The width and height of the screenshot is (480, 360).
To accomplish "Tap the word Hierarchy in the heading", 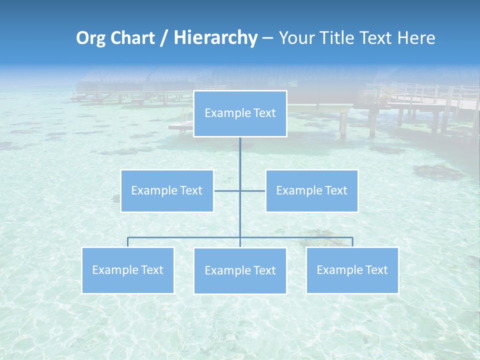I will pyautogui.click(x=215, y=38).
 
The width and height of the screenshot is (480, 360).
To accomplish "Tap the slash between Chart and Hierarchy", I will pyautogui.click(x=164, y=38).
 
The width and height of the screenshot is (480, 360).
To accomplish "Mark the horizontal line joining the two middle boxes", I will pyautogui.click(x=227, y=190).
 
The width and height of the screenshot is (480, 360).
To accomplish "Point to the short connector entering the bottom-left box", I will pyautogui.click(x=127, y=242).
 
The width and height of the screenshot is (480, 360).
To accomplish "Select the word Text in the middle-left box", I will pyautogui.click(x=190, y=190).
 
